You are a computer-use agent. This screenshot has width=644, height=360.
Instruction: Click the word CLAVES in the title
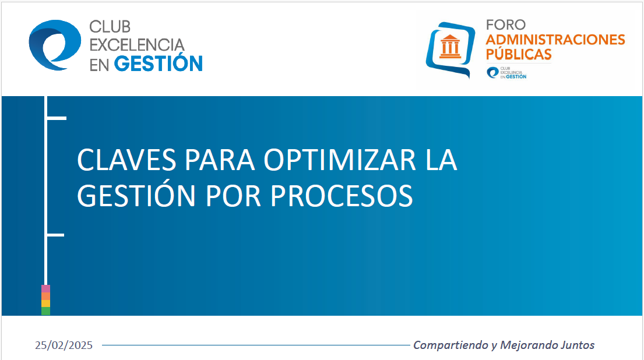point(126,160)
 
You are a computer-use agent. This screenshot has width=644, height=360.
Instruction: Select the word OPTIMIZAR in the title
point(340,160)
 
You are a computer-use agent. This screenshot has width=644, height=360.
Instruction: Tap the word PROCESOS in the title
point(342,195)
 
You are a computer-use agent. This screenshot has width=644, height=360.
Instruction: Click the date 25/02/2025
point(64,345)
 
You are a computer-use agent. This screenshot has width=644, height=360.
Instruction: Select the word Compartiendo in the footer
point(451,345)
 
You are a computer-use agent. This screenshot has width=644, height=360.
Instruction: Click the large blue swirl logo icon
point(55,45)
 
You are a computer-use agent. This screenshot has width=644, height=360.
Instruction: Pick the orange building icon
point(450,47)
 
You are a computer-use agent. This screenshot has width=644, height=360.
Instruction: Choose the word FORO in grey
point(506,25)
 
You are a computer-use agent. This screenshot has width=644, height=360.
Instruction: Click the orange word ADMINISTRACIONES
point(555,40)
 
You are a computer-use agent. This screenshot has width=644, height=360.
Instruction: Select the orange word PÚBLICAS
point(519,54)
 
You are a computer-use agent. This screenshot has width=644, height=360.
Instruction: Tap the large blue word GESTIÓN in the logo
point(158,63)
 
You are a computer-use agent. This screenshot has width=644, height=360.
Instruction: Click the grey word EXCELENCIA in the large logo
point(137,45)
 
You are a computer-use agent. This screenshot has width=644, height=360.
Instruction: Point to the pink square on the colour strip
point(45,288)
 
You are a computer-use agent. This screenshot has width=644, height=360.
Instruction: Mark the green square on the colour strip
point(45,311)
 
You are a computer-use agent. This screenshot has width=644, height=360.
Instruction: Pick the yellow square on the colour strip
point(45,303)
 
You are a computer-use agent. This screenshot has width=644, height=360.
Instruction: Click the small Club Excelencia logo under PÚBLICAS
point(506,73)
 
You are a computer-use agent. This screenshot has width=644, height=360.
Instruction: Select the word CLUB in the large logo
point(110,27)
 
